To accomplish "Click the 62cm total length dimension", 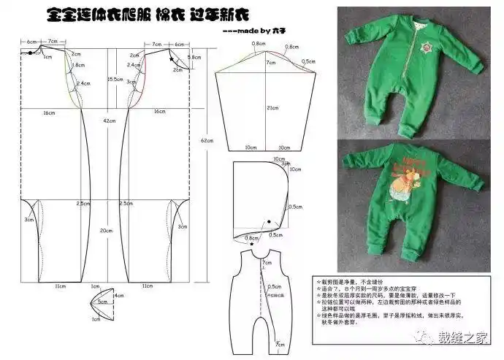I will click(207, 140).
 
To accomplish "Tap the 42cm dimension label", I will click(109, 120).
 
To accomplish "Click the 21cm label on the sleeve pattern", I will click(271, 108).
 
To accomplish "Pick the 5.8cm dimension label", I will click(194, 57).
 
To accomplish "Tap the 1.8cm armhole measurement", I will click(79, 65).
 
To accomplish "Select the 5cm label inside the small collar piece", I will click(103, 302).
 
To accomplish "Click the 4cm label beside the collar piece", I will click(119, 296).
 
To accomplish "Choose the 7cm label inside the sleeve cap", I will click(270, 64).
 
